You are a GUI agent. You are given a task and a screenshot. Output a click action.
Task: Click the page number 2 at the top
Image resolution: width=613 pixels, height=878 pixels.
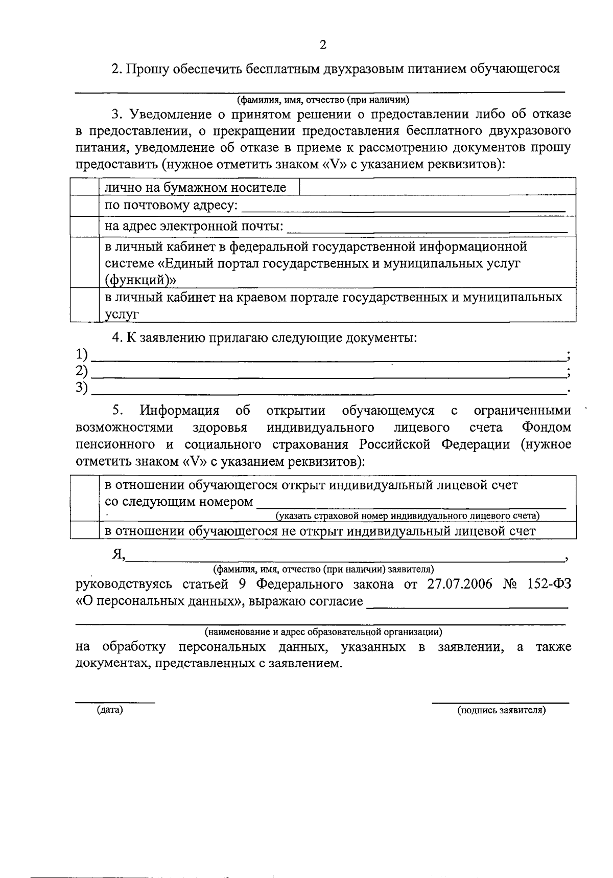point(322,45)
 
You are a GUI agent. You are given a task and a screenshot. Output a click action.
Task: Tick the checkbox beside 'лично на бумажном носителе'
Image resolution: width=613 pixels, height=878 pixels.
point(84,187)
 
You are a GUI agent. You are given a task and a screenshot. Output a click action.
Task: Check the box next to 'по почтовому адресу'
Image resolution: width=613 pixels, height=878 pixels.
point(84,206)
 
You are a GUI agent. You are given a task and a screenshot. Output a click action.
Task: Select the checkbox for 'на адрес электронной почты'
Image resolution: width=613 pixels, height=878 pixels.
point(84,226)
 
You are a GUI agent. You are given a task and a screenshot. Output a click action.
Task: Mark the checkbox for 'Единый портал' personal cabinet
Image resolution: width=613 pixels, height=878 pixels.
point(84,262)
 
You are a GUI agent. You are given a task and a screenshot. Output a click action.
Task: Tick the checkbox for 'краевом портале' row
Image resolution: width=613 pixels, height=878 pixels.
point(84,305)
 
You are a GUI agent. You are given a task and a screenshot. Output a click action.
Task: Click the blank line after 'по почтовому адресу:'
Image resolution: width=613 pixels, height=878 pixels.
point(403,209)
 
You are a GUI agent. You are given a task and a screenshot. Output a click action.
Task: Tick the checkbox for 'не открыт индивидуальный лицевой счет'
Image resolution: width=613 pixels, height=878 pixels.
point(84,530)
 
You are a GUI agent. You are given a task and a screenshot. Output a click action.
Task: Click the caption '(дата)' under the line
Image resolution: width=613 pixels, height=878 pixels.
point(110,710)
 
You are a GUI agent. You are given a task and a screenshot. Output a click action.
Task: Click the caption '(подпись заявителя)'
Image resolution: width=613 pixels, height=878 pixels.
point(502,710)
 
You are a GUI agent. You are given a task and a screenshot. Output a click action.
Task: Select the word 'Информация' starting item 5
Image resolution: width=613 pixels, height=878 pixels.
point(180,411)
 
